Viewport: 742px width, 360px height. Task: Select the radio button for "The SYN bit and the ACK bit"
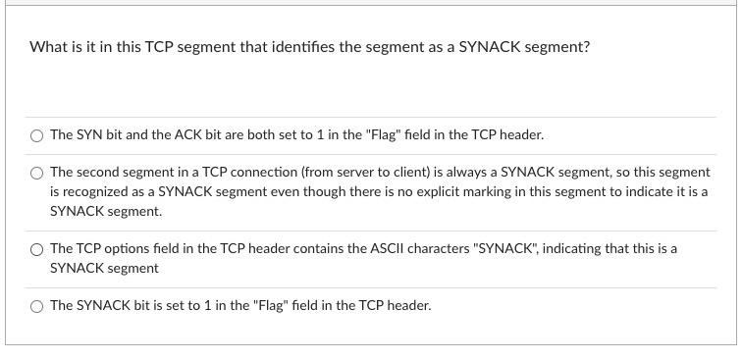click(x=37, y=135)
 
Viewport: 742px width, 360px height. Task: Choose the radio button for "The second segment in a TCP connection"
click(x=37, y=173)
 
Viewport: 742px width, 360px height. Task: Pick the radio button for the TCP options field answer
click(x=37, y=249)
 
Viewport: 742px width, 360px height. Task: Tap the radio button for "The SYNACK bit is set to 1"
click(x=37, y=306)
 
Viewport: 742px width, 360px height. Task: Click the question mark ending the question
click(x=586, y=46)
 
